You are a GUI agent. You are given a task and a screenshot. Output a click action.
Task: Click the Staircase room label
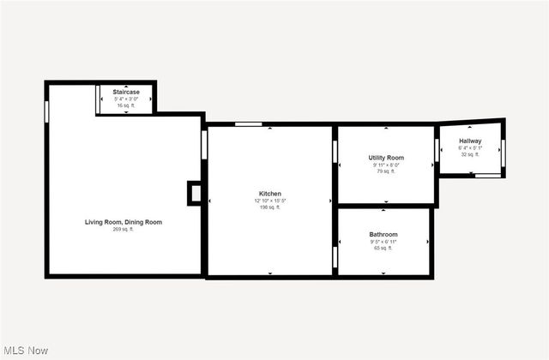pos(126,91)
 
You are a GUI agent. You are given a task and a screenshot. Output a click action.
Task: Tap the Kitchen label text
pos(270,194)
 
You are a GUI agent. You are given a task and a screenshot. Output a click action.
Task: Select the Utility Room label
pos(386,158)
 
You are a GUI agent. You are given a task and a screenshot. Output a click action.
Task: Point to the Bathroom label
pos(383,234)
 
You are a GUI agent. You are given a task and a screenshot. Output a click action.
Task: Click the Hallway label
pos(470,141)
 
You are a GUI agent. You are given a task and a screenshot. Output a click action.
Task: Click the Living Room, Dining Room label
pos(124,222)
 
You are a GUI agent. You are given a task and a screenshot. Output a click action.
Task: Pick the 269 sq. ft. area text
pos(124,230)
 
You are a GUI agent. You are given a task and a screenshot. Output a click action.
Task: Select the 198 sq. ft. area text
pos(270,207)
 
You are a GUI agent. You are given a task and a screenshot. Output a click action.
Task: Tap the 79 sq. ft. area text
pos(386,171)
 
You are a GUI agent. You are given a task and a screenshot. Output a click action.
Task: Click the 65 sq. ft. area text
pos(383,248)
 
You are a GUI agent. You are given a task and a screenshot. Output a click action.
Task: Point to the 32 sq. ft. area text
pos(470,154)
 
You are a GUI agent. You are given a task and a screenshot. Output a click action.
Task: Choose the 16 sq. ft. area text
pos(126,105)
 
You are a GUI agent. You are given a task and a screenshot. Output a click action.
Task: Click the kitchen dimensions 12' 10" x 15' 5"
pos(270,201)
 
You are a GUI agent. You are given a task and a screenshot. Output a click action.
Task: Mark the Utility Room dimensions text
pos(386,165)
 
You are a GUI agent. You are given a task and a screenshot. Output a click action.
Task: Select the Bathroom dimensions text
pos(383,241)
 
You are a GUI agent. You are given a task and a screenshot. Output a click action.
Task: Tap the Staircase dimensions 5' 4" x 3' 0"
pos(126,98)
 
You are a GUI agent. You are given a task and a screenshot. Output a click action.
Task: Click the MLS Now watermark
pos(27,351)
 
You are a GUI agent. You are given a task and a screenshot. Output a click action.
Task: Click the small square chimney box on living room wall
pos(195,193)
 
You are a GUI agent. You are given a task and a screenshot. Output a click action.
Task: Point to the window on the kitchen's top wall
pos(249,125)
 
